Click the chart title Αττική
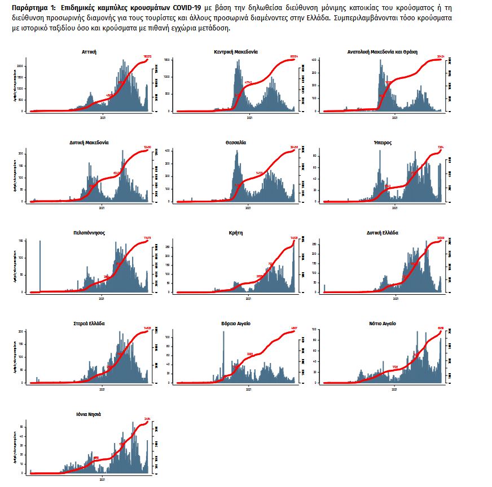point(89,51)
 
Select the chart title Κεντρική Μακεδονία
point(236,51)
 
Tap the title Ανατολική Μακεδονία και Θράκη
point(383,51)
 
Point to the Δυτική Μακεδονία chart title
point(89,143)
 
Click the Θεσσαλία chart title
point(236,143)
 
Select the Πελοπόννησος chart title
point(89,233)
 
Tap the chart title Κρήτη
point(236,233)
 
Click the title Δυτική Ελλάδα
point(383,233)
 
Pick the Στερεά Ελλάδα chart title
point(89,324)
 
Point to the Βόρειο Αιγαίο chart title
point(236,324)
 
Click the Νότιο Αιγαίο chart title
point(383,324)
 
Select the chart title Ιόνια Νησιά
point(89,414)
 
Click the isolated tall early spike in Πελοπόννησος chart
point(40,265)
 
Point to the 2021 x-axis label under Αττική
point(103,117)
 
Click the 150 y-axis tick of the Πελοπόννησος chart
point(21,241)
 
